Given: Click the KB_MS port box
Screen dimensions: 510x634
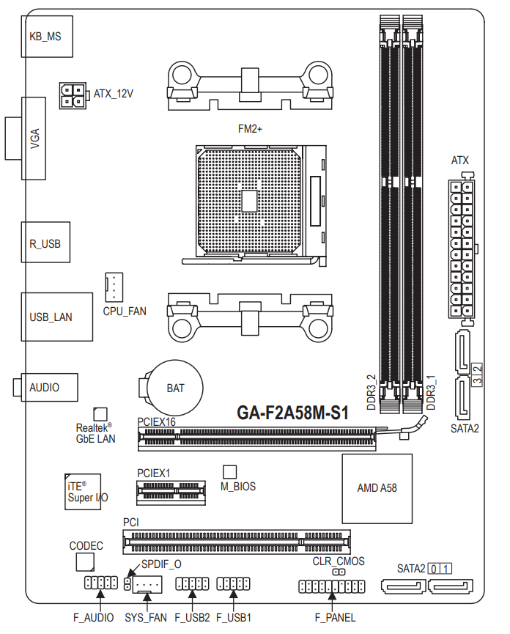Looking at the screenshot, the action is tap(47, 37).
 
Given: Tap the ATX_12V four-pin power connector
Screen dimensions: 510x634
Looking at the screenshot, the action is tap(73, 95).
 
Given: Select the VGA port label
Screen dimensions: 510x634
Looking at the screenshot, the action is tap(35, 139).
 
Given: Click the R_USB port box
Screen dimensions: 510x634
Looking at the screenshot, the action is tap(45, 242).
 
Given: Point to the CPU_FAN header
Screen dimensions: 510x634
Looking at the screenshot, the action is tap(114, 287).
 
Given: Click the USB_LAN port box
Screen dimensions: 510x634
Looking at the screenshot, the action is tap(56, 317).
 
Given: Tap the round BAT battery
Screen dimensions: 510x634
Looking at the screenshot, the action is tap(174, 388).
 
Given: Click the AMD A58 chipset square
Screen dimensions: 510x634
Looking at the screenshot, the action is tap(377, 488).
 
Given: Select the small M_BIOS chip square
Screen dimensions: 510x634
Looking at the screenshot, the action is tap(229, 472).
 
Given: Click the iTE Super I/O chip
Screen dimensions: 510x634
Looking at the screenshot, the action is tap(83, 492).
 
